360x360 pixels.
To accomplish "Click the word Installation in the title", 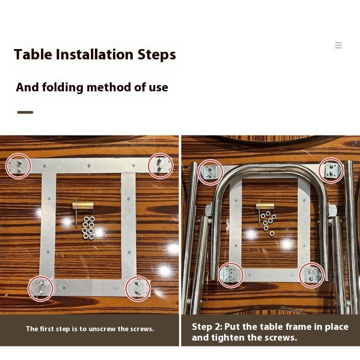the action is click(x=94, y=54).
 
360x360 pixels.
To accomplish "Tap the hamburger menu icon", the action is click(x=338, y=45).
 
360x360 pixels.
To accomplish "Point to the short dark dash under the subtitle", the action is click(x=25, y=112).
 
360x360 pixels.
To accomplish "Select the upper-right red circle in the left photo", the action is click(x=161, y=153).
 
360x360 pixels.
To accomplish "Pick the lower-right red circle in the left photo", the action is click(x=138, y=276).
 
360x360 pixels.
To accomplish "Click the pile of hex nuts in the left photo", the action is click(x=89, y=227).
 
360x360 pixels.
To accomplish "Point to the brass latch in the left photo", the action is click(x=83, y=205).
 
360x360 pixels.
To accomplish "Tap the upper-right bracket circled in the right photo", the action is click(x=331, y=171).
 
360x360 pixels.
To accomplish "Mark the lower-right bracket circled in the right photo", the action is click(x=312, y=275).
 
